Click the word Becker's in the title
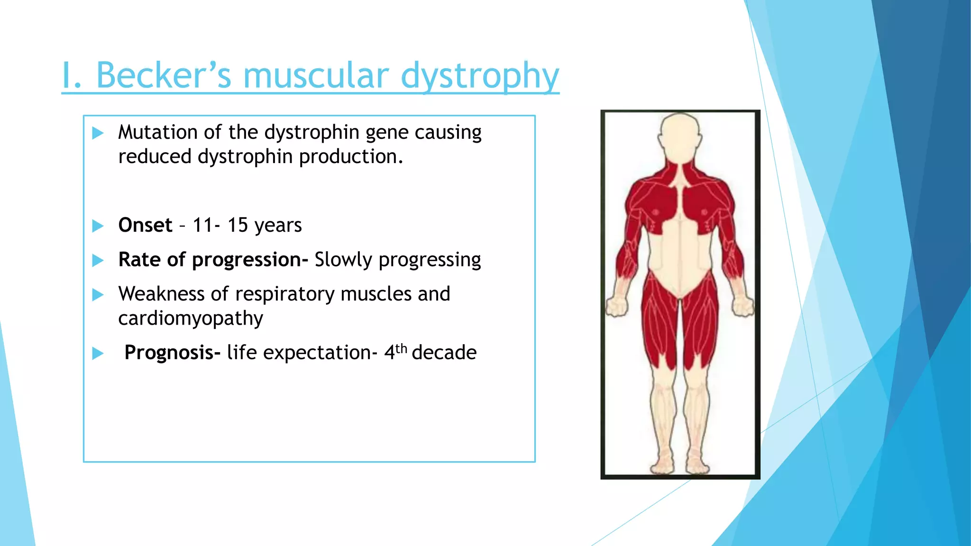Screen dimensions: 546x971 click(164, 76)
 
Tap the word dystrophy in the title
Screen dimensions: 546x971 click(479, 76)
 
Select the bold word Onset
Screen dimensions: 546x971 click(145, 225)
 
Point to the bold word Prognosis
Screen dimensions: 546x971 click(172, 353)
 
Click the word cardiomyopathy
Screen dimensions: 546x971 click(190, 318)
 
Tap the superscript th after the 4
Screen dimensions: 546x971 click(401, 348)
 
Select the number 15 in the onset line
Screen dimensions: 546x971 click(238, 225)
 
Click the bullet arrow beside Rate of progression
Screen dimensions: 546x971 click(98, 260)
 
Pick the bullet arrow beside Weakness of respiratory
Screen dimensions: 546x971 click(98, 295)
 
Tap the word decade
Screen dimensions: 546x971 click(444, 353)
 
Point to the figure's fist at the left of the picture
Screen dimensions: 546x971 click(617, 306)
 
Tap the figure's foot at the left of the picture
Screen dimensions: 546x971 click(662, 464)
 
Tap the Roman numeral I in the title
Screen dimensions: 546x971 click(67, 76)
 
